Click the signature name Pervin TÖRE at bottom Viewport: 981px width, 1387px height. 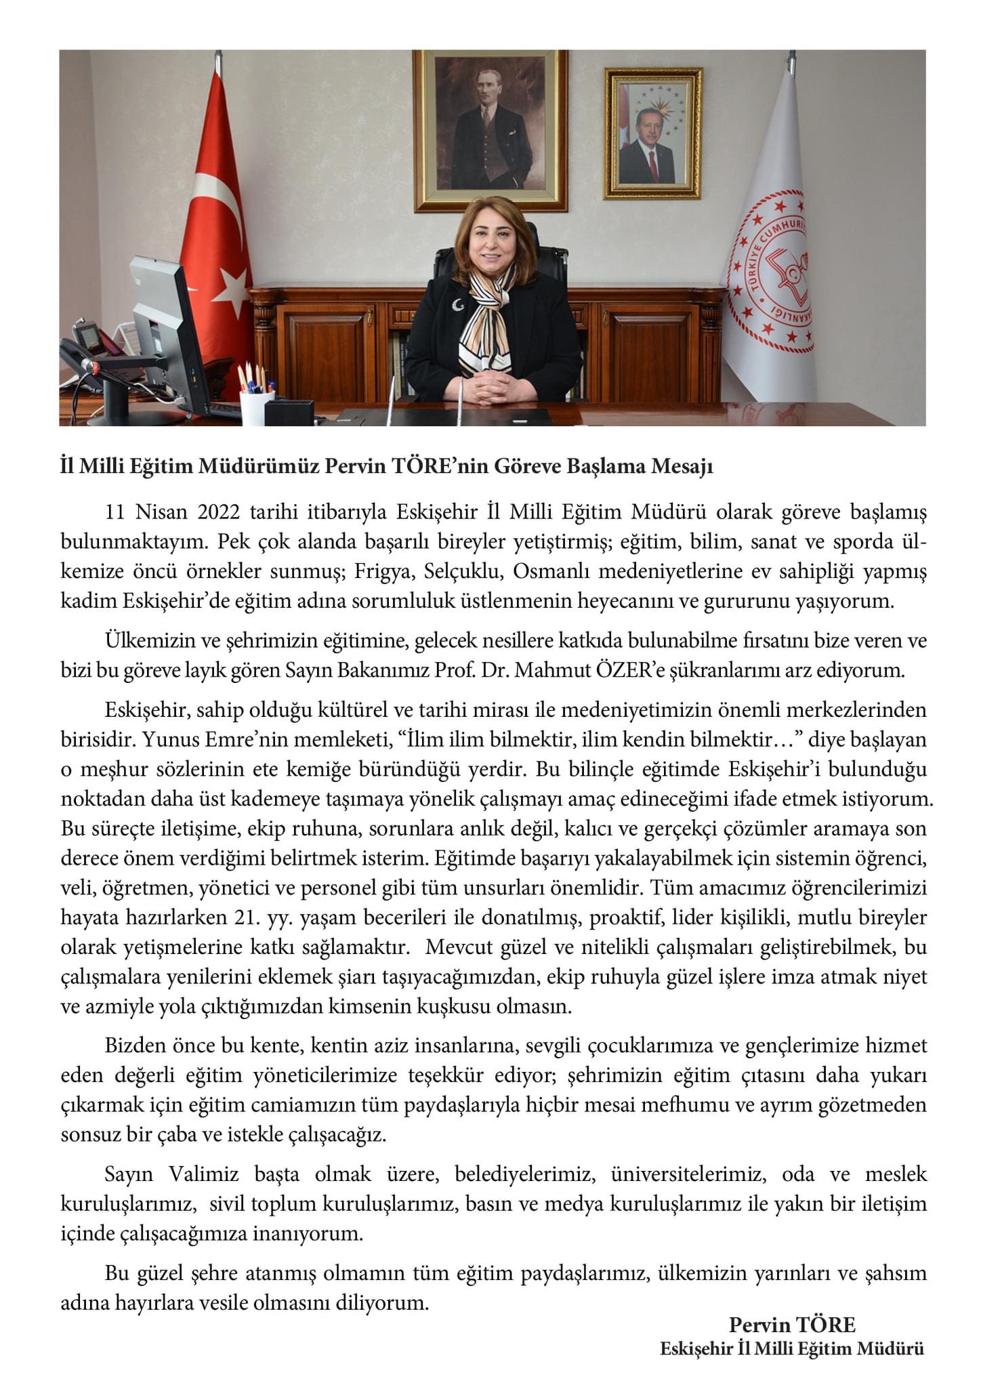click(x=792, y=1325)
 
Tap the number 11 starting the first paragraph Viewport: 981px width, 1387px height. click(x=116, y=512)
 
